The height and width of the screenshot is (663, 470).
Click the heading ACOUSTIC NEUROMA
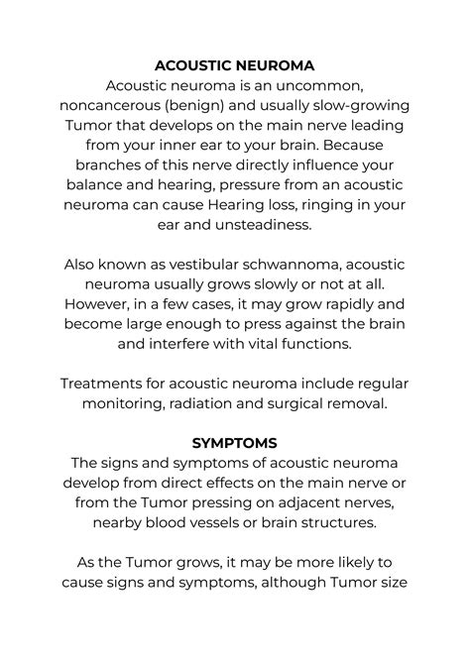235,64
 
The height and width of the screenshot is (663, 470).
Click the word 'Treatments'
102,383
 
